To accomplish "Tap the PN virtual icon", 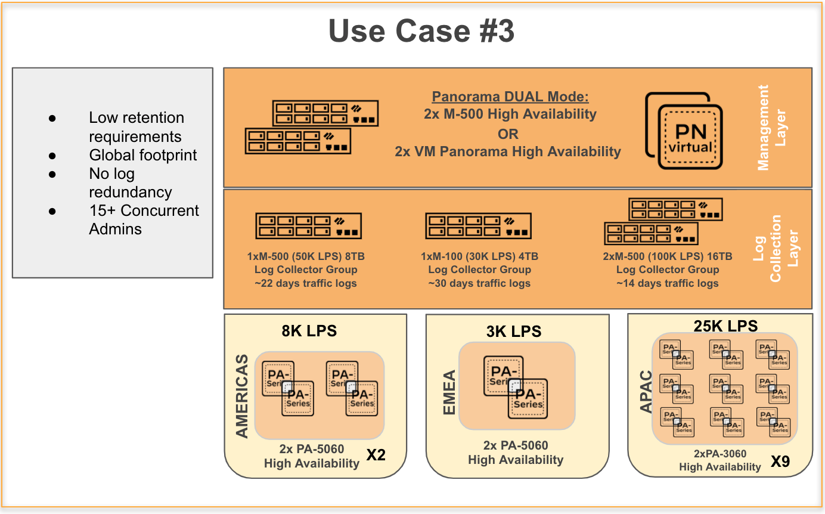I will point(686,131).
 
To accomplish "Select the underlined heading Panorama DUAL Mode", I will point(510,97).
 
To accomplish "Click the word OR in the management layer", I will point(508,133).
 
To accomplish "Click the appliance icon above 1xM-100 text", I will point(478,226).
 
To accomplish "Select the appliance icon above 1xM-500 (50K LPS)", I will point(309,226).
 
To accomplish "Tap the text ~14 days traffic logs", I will point(667,283).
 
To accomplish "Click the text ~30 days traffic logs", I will point(479,283).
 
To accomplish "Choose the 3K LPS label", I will point(513,331).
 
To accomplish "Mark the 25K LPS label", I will point(725,326).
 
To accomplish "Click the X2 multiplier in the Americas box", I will point(376,456).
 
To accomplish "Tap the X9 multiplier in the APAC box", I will point(780,462).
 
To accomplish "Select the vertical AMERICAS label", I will point(242,397).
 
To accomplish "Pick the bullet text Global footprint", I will point(143,155).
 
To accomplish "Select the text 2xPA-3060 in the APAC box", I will point(720,454).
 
